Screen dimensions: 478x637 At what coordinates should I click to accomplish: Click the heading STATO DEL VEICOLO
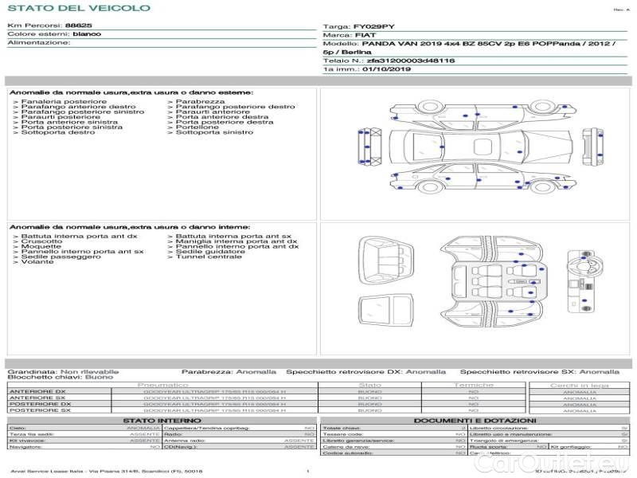pos(78,8)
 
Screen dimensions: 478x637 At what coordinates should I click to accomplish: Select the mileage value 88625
pos(78,25)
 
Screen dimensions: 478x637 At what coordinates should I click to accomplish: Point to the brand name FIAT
pos(365,36)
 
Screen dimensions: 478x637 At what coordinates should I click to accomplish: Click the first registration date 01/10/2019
pos(385,69)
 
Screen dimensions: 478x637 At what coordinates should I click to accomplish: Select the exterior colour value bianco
pos(87,34)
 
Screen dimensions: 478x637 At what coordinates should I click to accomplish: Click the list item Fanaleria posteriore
pos(64,102)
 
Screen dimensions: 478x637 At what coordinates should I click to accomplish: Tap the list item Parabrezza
pos(200,102)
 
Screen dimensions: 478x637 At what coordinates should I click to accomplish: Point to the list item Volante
pos(37,261)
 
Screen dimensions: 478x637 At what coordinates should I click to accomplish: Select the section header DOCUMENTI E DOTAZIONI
pos(475,420)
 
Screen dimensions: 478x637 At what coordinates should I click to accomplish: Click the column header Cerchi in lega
pos(579,385)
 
